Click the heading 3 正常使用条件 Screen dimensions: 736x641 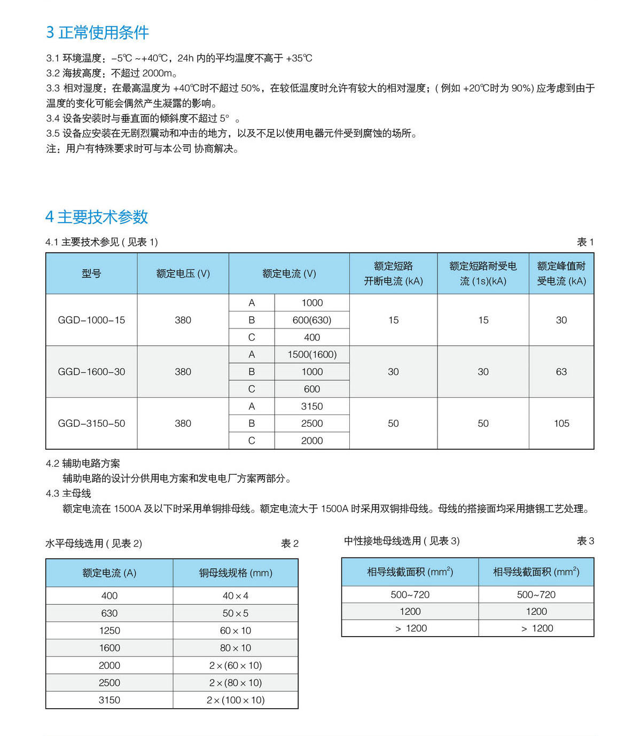pyautogui.click(x=97, y=33)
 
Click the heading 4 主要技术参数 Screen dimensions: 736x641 pyautogui.click(x=97, y=217)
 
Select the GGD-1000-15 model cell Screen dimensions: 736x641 pyautogui.click(x=91, y=320)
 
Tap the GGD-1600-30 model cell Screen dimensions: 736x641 pyautogui.click(x=91, y=372)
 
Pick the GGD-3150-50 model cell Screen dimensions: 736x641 pyautogui.click(x=91, y=424)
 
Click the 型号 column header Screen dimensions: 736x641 pyautogui.click(x=91, y=273)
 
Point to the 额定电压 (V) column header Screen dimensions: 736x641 pyautogui.click(x=183, y=273)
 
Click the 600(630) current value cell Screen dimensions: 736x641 pyautogui.click(x=312, y=320)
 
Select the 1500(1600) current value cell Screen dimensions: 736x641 pyautogui.click(x=312, y=355)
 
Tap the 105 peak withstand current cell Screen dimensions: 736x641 pyautogui.click(x=561, y=424)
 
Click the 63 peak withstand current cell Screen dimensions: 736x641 pyautogui.click(x=561, y=372)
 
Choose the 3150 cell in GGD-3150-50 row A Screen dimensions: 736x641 pyautogui.click(x=312, y=406)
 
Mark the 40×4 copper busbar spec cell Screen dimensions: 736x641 pyautogui.click(x=236, y=596)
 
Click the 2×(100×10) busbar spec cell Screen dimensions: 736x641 pyautogui.click(x=236, y=700)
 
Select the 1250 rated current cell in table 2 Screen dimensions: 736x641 pyautogui.click(x=110, y=631)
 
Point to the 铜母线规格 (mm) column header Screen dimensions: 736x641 pyautogui.click(x=236, y=573)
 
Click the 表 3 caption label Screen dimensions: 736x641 pyautogui.click(x=585, y=541)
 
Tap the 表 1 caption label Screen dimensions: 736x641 pyautogui.click(x=585, y=242)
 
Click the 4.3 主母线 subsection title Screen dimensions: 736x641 pyautogui.click(x=68, y=494)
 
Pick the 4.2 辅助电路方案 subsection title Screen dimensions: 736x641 pyautogui.click(x=83, y=464)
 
